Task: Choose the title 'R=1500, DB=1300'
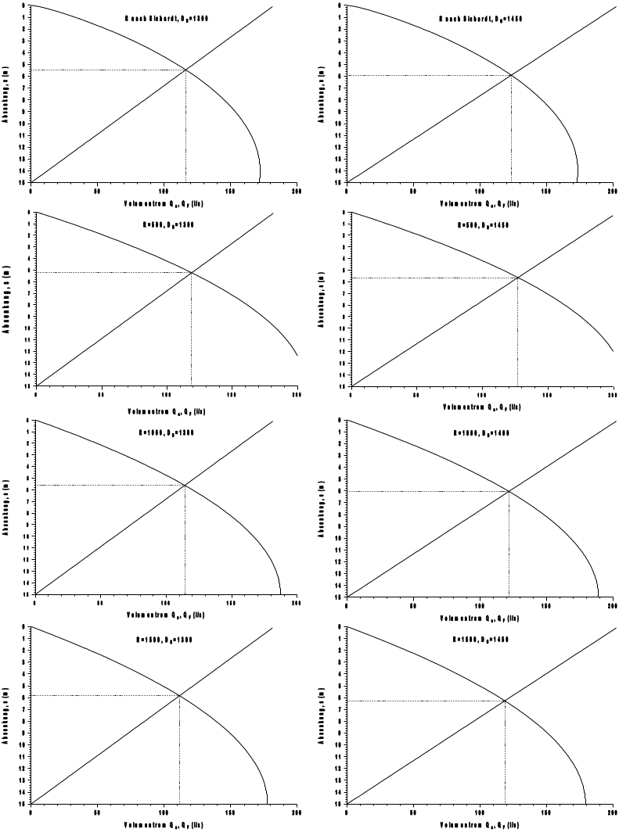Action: [x=164, y=639]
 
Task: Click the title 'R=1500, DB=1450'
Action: [x=481, y=639]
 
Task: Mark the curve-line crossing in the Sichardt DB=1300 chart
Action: [x=185, y=70]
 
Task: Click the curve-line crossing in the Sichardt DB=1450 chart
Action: [x=511, y=75]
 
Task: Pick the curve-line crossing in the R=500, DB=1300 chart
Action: [x=191, y=272]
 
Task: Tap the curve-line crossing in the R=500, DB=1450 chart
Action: [x=517, y=278]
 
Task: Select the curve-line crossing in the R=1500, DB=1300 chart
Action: [x=179, y=695]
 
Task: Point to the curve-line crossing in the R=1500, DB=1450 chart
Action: [x=505, y=701]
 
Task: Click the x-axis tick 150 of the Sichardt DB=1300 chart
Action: [x=230, y=188]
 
